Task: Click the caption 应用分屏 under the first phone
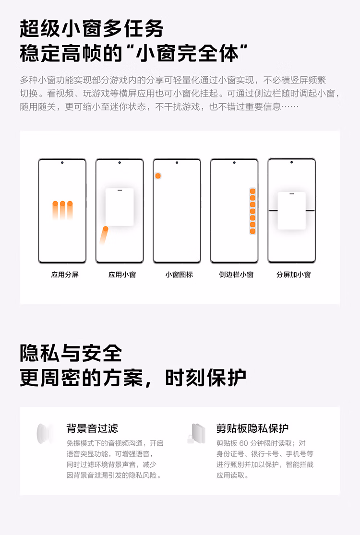(65, 275)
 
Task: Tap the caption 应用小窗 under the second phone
(122, 275)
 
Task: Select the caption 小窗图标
(179, 275)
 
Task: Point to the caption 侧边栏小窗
(236, 275)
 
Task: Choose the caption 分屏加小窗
(293, 275)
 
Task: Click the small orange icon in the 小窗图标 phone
(158, 176)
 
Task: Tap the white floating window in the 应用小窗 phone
(120, 207)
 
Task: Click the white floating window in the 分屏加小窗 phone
(291, 211)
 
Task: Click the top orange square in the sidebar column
(252, 191)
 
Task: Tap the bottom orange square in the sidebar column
(252, 231)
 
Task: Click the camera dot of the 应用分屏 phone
(62, 163)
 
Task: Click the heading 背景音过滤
(92, 428)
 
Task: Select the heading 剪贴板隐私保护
(252, 428)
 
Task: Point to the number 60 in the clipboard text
(243, 443)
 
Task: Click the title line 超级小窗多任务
(92, 30)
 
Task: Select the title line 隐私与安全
(71, 354)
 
